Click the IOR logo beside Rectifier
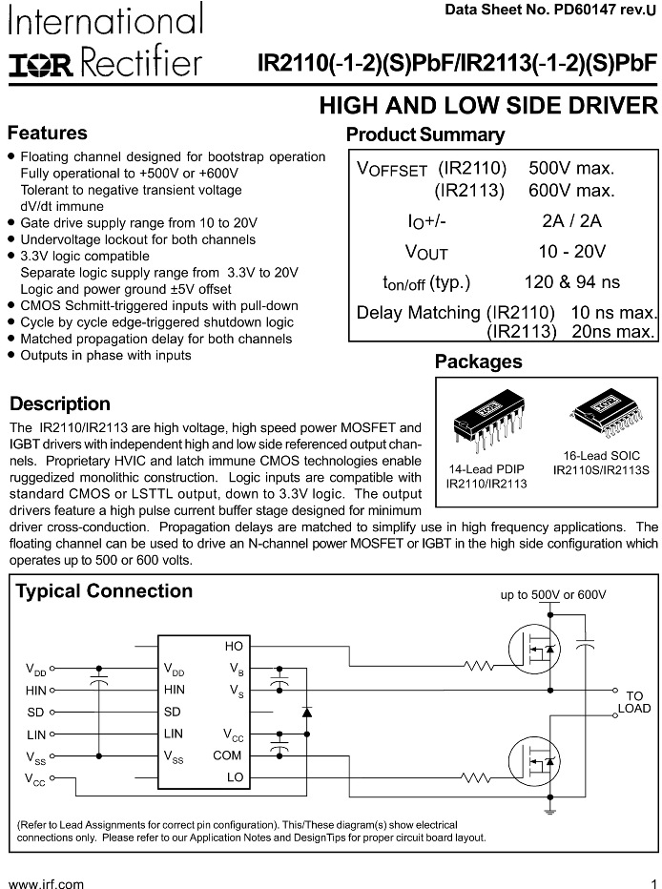[41, 65]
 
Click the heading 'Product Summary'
[424, 134]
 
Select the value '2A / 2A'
[571, 221]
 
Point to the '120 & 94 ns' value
[571, 282]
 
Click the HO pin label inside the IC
[234, 647]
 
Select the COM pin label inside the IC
[227, 755]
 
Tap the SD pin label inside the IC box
[172, 712]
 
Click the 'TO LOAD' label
[634, 702]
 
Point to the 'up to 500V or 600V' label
[553, 594]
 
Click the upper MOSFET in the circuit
[534, 650]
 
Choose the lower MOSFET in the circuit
[534, 760]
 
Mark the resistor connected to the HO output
[476, 666]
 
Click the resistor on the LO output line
[476, 777]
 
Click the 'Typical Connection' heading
[104, 591]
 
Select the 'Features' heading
[48, 134]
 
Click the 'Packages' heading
[478, 362]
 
